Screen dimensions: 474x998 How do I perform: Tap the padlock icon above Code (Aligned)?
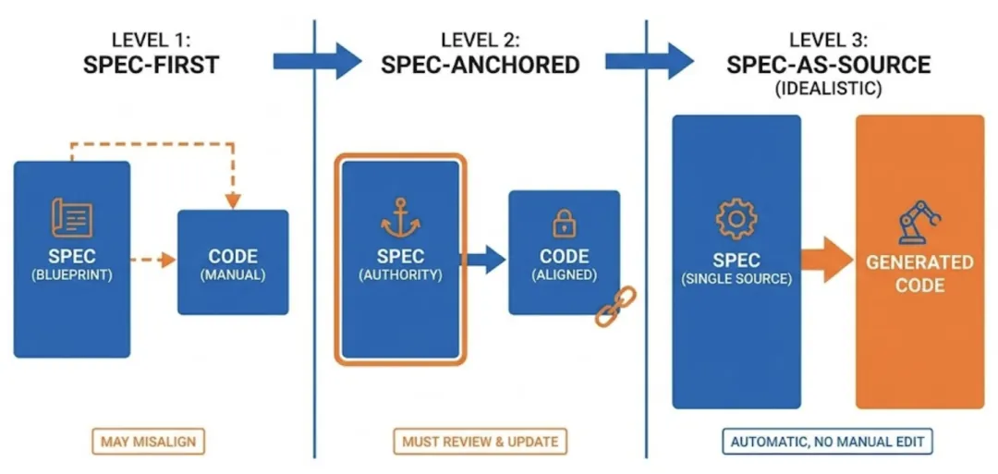[x=563, y=223]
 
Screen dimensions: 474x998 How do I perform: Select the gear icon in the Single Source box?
[x=736, y=218]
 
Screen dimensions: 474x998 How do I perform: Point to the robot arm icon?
[x=919, y=221]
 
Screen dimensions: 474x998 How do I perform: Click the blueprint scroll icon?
[x=71, y=217]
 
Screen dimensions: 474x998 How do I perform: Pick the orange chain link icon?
[x=615, y=308]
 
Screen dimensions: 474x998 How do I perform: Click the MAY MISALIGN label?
[x=149, y=442]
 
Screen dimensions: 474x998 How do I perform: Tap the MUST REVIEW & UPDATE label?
[x=481, y=442]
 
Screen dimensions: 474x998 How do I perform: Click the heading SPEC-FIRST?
[x=151, y=65]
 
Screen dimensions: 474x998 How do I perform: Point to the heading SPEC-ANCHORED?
[x=481, y=65]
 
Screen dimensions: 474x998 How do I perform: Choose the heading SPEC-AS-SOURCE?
[x=828, y=65]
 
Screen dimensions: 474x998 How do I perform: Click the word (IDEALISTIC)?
[x=828, y=90]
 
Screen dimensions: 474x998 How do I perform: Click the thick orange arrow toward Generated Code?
[x=824, y=261]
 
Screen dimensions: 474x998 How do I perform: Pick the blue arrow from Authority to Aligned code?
[x=484, y=261]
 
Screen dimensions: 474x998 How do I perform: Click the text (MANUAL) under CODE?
[x=233, y=274]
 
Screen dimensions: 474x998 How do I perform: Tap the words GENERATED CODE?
[x=919, y=273]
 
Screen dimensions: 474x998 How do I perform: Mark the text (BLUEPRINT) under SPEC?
[x=71, y=274]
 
